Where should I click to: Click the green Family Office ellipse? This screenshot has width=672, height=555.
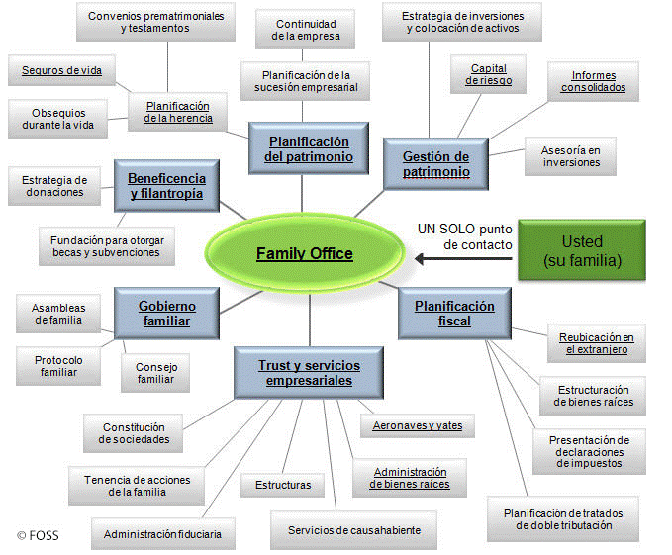click(304, 254)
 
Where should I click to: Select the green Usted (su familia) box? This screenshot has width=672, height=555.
click(581, 252)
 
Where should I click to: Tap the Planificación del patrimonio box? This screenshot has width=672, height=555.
click(308, 148)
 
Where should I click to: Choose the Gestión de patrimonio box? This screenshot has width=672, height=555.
click(435, 163)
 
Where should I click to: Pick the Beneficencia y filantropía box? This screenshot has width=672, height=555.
click(166, 185)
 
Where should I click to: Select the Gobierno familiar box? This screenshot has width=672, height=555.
click(166, 313)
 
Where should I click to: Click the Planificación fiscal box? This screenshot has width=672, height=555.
click(455, 313)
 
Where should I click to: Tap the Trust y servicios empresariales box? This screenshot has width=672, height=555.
click(309, 372)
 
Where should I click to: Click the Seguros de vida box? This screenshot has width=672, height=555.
click(62, 70)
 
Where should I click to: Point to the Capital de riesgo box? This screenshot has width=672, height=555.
click(490, 74)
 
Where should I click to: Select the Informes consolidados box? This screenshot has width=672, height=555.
click(593, 81)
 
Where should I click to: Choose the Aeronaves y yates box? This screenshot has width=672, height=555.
click(417, 426)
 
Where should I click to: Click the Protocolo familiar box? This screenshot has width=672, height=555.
click(58, 366)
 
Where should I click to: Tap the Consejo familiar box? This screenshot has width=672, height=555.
click(155, 372)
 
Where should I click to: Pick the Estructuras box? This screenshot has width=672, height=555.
click(282, 485)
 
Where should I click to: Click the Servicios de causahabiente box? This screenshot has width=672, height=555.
click(354, 529)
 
